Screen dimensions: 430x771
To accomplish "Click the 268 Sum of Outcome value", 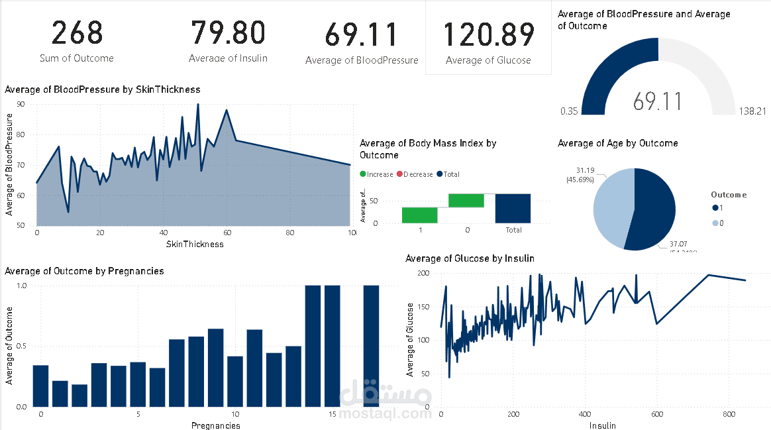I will tap(77, 34).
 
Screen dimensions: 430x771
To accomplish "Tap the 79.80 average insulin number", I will tap(228, 33).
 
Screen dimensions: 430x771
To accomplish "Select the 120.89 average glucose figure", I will tap(488, 35).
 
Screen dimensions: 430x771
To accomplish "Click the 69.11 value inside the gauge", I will tap(657, 101).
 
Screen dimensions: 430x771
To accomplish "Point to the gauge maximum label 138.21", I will tap(752, 111).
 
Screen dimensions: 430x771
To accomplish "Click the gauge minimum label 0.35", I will tap(568, 111).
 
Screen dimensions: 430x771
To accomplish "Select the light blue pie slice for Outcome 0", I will tap(611, 207).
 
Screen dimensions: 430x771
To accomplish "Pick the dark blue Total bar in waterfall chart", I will tap(513, 208).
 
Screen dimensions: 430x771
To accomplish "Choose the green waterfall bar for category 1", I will tap(419, 215).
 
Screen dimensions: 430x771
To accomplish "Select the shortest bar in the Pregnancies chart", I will tap(79, 395).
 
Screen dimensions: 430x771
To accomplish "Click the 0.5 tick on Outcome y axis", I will tap(21, 347).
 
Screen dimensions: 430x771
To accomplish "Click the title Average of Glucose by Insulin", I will tap(470, 258).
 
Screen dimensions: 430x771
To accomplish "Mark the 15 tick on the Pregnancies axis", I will tap(333, 414).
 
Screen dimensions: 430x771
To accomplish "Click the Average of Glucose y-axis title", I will tap(410, 340).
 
